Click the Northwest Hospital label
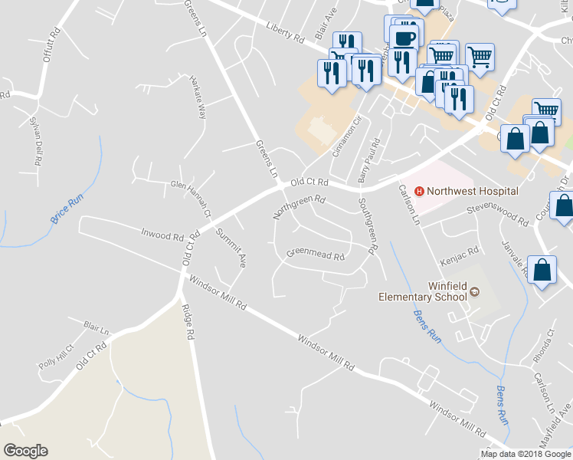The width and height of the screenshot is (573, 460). click(x=473, y=191)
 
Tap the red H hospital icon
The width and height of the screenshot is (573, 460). click(x=419, y=191)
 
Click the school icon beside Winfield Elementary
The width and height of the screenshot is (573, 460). click(x=473, y=291)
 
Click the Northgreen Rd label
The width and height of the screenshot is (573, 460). click(x=300, y=206)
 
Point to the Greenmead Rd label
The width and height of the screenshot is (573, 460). click(x=316, y=254)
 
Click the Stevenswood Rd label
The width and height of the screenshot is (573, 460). click(x=499, y=214)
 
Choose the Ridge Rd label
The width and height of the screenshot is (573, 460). click(x=186, y=323)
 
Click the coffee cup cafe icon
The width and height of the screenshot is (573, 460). click(x=404, y=38)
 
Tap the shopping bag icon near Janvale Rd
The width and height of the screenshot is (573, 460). click(x=542, y=269)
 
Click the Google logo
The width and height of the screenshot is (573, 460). click(x=25, y=451)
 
